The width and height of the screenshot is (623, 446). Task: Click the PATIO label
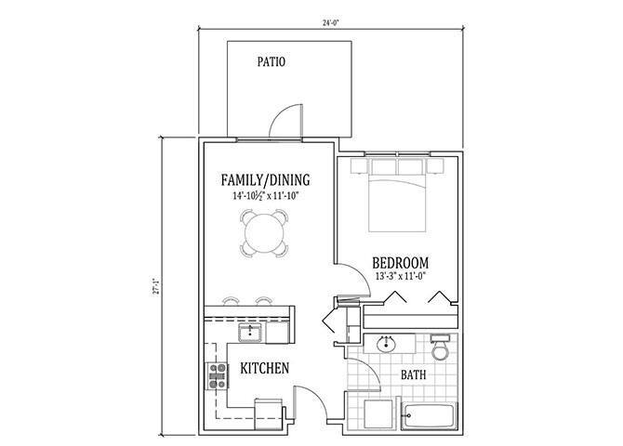coord(271,63)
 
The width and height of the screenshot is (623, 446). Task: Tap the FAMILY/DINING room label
coord(265,180)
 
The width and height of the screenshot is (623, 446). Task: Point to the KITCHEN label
coord(265,369)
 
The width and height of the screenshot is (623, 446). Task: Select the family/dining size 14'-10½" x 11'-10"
coord(265,197)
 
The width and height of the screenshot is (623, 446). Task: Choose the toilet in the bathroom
coord(441,349)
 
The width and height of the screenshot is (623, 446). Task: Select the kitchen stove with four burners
coord(217,376)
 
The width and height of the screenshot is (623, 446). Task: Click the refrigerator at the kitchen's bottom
coord(268,412)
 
